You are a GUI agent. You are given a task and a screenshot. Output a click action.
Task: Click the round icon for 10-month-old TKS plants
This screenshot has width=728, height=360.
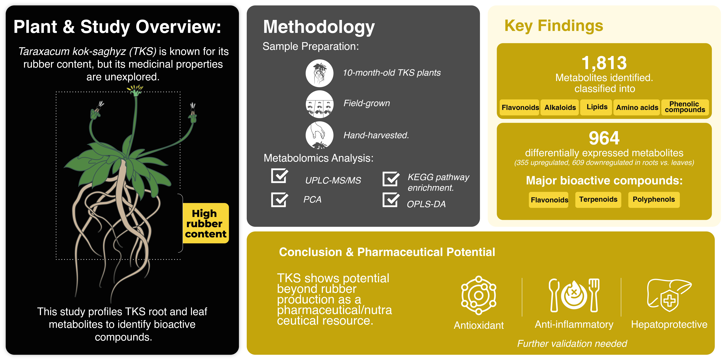pyautogui.click(x=320, y=73)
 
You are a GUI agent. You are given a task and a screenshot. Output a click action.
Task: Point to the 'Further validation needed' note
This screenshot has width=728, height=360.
pyautogui.click(x=572, y=344)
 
